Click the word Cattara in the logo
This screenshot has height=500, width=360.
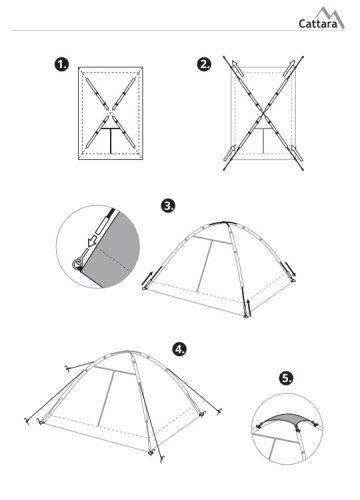click(x=318, y=24)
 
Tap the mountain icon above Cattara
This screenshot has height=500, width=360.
click(x=330, y=17)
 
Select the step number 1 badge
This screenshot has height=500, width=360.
click(x=62, y=64)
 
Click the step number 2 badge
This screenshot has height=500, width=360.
click(x=204, y=64)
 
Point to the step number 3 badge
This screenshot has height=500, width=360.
click(x=168, y=206)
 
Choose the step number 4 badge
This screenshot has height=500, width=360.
click(x=179, y=349)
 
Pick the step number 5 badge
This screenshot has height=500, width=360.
click(x=286, y=378)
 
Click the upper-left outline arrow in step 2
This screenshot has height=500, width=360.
click(x=237, y=68)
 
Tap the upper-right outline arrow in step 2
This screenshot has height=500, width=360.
click(x=289, y=68)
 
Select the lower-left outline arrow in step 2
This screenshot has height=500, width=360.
click(x=229, y=153)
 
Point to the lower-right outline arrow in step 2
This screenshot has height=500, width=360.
click(x=296, y=153)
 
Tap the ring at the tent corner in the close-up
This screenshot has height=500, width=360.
click(x=77, y=264)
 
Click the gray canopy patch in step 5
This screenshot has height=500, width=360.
click(x=286, y=419)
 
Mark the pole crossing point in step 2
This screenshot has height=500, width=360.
click(x=263, y=113)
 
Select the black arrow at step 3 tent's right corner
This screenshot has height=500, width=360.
click(x=290, y=269)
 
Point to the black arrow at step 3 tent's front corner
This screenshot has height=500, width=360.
click(x=249, y=308)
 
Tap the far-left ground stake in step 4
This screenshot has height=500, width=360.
click(x=27, y=421)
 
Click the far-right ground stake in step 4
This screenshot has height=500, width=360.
click(x=220, y=411)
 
